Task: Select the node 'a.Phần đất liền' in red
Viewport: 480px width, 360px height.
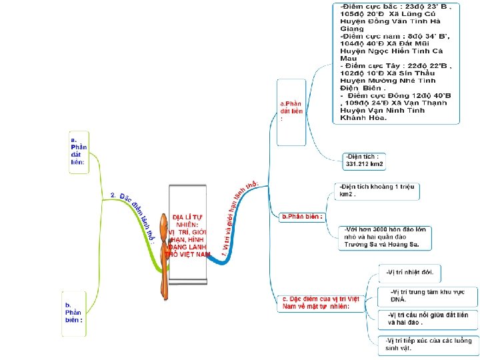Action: coord(291,111)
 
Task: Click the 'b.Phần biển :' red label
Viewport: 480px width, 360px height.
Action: coord(302,217)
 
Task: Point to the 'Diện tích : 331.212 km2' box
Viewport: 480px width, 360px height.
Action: coord(365,161)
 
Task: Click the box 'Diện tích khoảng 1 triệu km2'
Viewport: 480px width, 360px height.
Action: coord(376,191)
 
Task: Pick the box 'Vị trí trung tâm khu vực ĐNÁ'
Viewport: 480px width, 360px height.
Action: coord(425,295)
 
